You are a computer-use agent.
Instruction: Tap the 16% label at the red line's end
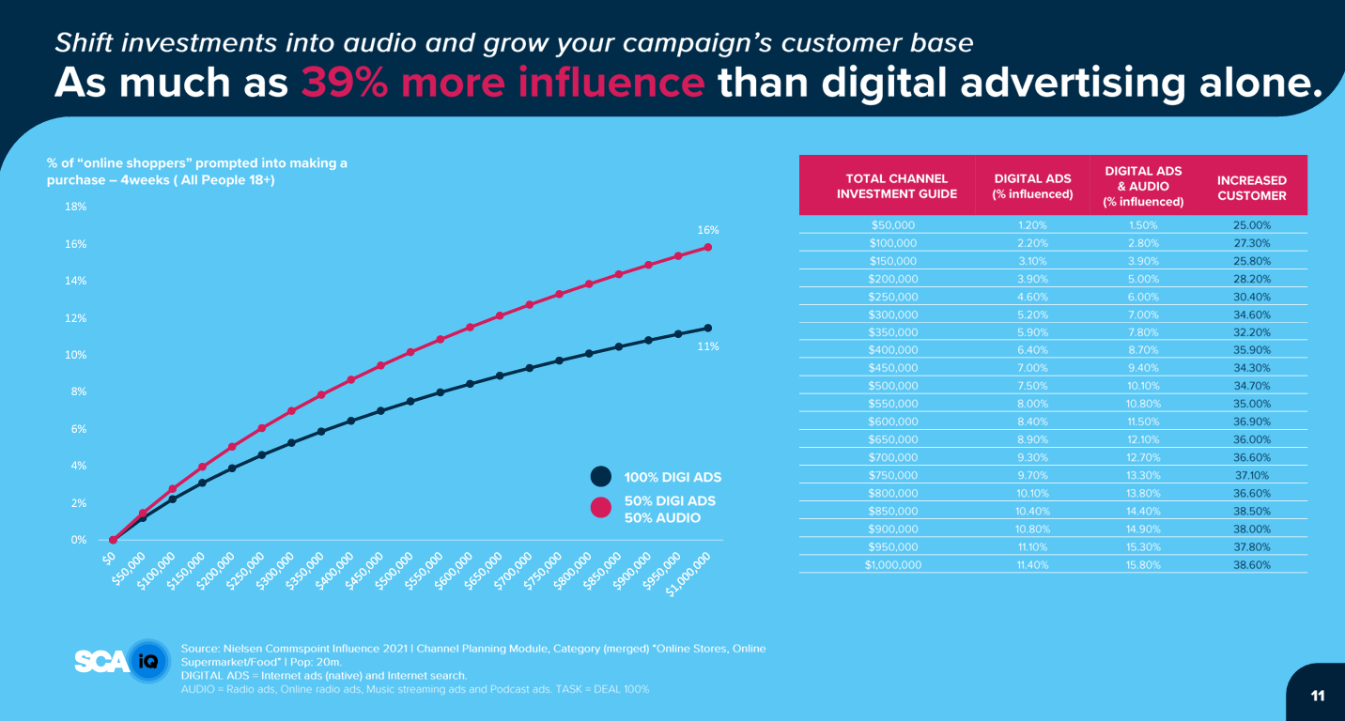pyautogui.click(x=707, y=230)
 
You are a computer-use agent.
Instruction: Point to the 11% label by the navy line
pyautogui.click(x=707, y=346)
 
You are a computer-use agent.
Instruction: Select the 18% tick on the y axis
pyautogui.click(x=76, y=207)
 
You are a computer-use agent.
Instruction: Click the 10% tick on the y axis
pyautogui.click(x=76, y=355)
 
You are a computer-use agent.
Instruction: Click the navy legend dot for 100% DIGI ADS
pyautogui.click(x=600, y=477)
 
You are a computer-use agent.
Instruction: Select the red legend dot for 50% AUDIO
pyautogui.click(x=600, y=509)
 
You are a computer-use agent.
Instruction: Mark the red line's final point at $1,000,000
pyautogui.click(x=707, y=248)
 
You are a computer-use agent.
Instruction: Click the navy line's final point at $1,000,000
pyautogui.click(x=707, y=328)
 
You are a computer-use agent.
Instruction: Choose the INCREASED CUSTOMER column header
pyautogui.click(x=1251, y=188)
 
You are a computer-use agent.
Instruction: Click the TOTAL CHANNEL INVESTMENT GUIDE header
pyautogui.click(x=896, y=186)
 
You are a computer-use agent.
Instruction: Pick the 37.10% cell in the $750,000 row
pyautogui.click(x=1251, y=475)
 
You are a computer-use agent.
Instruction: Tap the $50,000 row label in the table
pyautogui.click(x=893, y=225)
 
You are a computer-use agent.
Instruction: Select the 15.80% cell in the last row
pyautogui.click(x=1142, y=565)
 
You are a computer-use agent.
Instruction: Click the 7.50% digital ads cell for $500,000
pyautogui.click(x=1031, y=386)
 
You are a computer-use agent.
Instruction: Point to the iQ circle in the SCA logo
pyautogui.click(x=147, y=662)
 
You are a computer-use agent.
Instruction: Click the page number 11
pyautogui.click(x=1317, y=696)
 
